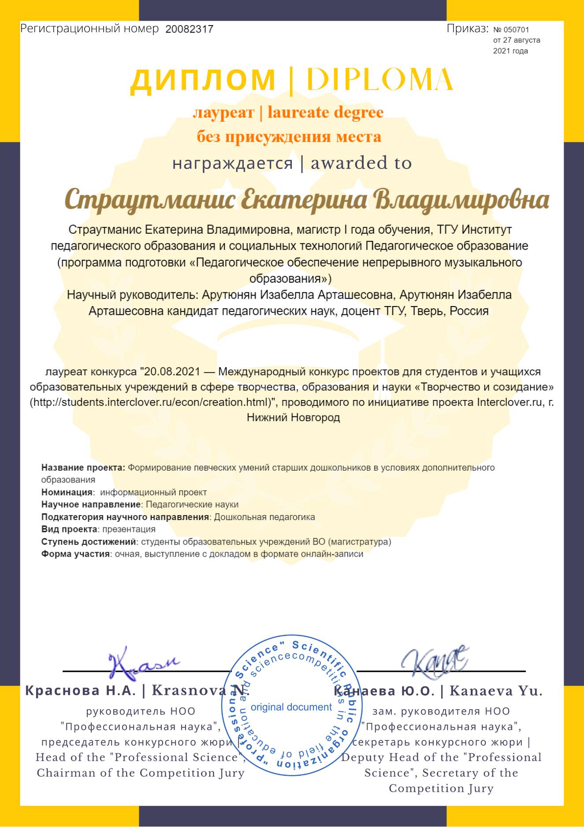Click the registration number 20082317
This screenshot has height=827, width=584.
pos(189,29)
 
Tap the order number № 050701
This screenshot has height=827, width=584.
pos(511,30)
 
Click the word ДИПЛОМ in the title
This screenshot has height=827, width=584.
pos(203,80)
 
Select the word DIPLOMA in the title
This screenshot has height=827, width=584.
pos(379,80)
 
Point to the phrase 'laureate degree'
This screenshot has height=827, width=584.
pos(325,113)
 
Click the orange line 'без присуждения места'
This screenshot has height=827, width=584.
pos(289,137)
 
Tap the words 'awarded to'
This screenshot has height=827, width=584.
pos(361,163)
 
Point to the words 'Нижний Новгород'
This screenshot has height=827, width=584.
pos(293,417)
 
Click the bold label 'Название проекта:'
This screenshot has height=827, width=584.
pos(83,468)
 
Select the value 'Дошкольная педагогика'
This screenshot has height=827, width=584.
pos(264,517)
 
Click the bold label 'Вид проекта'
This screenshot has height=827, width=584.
pos(69,529)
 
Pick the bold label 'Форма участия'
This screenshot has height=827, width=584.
pos(75,554)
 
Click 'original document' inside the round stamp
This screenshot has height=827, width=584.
pos(291,707)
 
